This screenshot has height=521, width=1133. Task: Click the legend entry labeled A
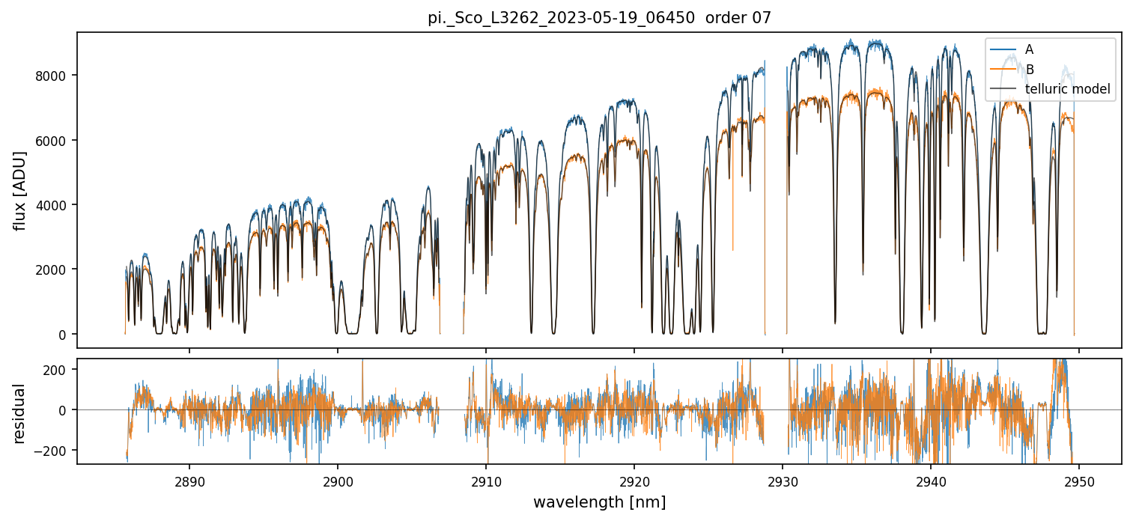click(x=1029, y=49)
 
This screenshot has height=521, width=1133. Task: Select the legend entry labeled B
click(x=1029, y=70)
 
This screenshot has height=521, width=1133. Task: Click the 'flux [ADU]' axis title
click(x=20, y=190)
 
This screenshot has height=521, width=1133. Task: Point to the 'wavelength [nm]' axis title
click(x=599, y=502)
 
